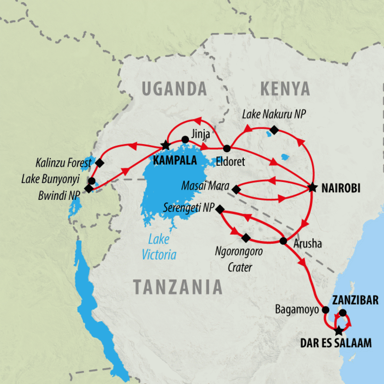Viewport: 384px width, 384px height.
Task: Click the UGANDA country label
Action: [174, 89]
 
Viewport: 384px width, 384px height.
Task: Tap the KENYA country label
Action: [285, 89]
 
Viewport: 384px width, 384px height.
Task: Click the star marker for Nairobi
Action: [312, 187]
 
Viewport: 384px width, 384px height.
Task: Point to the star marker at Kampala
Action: [165, 144]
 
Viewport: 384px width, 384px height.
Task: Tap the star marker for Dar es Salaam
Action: [339, 331]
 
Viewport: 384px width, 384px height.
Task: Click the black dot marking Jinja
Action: [185, 139]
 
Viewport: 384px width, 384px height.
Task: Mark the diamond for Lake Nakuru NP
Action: [274, 130]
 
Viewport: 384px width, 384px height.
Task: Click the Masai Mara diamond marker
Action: [236, 190]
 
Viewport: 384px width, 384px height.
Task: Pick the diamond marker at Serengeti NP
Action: [220, 209]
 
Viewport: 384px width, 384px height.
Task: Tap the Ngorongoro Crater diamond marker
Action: [246, 238]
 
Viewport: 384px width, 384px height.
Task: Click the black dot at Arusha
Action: [283, 240]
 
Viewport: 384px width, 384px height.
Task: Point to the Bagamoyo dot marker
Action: [325, 310]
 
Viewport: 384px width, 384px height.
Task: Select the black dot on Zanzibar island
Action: [342, 313]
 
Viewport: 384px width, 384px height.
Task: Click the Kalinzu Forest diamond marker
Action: [99, 163]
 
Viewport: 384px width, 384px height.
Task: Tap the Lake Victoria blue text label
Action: [159, 247]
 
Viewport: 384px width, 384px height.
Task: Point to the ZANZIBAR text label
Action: [355, 300]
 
